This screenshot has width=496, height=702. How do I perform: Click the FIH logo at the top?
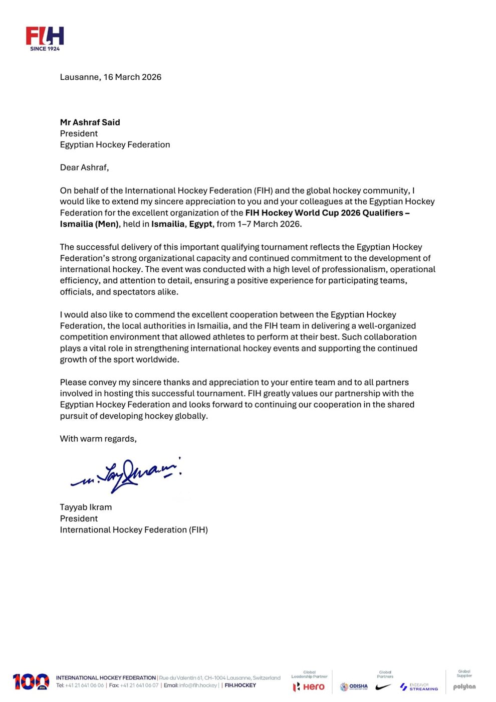(45, 38)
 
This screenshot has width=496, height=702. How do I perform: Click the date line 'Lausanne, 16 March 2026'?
(110, 77)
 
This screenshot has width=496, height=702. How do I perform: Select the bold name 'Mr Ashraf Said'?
(90, 122)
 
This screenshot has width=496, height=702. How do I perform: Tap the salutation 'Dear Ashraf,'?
(84, 167)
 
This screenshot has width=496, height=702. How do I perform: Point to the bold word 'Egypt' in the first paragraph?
(200, 224)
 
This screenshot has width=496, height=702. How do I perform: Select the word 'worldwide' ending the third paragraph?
(157, 360)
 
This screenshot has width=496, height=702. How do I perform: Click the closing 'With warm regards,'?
(98, 439)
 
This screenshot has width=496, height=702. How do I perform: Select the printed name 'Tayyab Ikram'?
(86, 507)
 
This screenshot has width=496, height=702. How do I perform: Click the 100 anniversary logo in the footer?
(31, 681)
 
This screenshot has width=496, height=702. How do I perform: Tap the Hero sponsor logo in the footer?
(309, 686)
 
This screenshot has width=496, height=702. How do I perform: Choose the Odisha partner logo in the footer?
(354, 686)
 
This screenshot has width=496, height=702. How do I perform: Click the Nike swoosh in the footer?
(383, 687)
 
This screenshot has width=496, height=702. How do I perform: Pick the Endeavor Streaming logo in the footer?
(419, 687)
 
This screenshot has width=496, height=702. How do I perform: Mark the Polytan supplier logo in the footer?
(464, 687)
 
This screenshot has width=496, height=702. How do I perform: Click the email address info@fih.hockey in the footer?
(198, 685)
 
